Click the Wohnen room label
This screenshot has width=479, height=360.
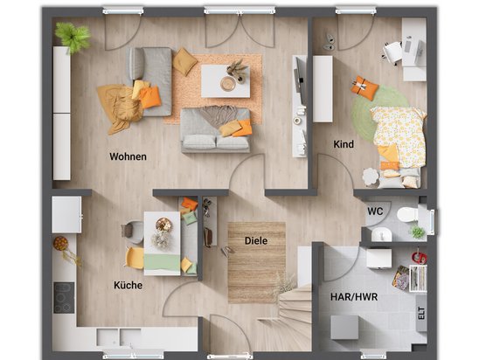pyautogui.click(x=128, y=156)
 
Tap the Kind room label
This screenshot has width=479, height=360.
pyautogui.click(x=344, y=144)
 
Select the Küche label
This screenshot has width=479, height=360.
pyautogui.click(x=128, y=285)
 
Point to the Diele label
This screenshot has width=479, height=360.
pyautogui.click(x=256, y=240)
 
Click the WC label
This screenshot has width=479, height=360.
pyautogui.click(x=375, y=211)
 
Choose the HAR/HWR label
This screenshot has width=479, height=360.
pyautogui.click(x=354, y=297)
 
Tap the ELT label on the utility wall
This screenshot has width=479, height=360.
pyautogui.click(x=421, y=313)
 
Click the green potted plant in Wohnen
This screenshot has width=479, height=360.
pyautogui.click(x=73, y=37)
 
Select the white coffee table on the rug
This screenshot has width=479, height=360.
pyautogui.click(x=226, y=81)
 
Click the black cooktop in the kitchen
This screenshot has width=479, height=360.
pyautogui.click(x=64, y=298)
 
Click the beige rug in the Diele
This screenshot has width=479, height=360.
pyautogui.click(x=257, y=263)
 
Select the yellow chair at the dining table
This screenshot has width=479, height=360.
pyautogui.click(x=135, y=258)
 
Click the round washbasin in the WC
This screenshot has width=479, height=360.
pyautogui.click(x=382, y=235)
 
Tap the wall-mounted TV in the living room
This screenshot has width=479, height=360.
pyautogui.click(x=299, y=80)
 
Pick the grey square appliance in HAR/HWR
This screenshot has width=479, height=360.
pyautogui.click(x=344, y=328)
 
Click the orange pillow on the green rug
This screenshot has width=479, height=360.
pyautogui.click(x=364, y=88)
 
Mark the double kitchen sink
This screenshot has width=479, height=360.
pyautogui.click(x=119, y=337)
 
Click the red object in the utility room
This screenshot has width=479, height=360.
pyautogui.click(x=420, y=258)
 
